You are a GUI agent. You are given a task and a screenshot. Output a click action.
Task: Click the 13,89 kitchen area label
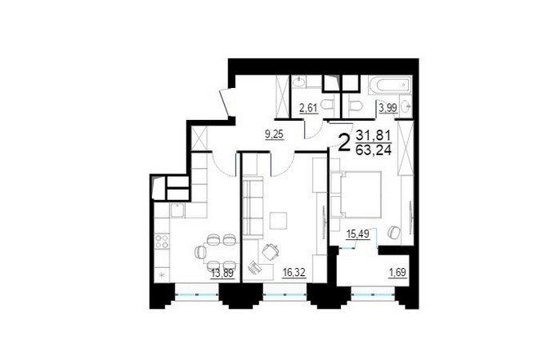point(222,274)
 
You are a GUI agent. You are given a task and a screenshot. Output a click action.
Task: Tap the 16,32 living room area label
point(294,274)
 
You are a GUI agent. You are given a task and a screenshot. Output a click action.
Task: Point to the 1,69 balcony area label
point(398,273)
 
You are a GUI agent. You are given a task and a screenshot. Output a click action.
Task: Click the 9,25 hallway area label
point(274,134)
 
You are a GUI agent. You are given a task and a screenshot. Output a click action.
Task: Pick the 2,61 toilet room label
point(309,107)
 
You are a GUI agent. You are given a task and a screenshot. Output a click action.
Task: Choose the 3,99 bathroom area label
point(388,108)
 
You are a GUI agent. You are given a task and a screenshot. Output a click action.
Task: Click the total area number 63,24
point(374,150)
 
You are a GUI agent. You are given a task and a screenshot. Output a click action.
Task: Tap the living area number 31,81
point(374,136)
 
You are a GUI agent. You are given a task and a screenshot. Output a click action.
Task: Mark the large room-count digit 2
point(344,142)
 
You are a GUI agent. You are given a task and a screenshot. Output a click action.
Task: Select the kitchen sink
point(177,210)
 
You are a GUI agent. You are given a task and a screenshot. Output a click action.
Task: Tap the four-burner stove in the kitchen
point(162,241)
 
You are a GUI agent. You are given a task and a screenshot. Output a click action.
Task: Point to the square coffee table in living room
point(278,221)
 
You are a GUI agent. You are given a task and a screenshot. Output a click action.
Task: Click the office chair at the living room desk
point(270,252)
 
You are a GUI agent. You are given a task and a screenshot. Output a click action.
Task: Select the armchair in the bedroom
point(394,232)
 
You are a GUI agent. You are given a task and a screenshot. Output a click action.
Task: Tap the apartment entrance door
point(224,102)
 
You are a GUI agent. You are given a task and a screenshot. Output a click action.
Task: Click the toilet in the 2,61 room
point(327,106)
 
